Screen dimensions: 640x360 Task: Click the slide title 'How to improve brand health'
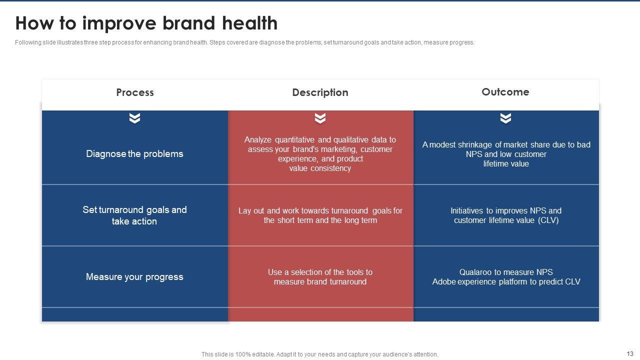point(146,23)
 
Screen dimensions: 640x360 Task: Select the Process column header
point(135,92)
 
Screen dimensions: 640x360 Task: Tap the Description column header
point(320,92)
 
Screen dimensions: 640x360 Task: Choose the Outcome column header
point(505,92)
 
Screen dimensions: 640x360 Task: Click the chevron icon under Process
point(134,118)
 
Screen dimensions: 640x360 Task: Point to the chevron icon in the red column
point(320,118)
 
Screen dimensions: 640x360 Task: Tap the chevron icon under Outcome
point(505,118)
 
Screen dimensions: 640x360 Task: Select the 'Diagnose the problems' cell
point(134,154)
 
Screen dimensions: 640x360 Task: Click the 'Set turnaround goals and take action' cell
point(134,215)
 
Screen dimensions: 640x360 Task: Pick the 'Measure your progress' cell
point(134,277)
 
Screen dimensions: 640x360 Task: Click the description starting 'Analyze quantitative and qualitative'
point(320,154)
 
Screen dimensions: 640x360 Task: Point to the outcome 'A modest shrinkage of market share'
point(506,154)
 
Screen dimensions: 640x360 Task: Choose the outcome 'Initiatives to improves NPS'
point(506,215)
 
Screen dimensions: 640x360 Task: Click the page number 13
point(630,353)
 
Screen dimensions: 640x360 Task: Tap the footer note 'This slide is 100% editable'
point(319,354)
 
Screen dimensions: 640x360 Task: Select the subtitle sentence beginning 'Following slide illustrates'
point(244,42)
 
